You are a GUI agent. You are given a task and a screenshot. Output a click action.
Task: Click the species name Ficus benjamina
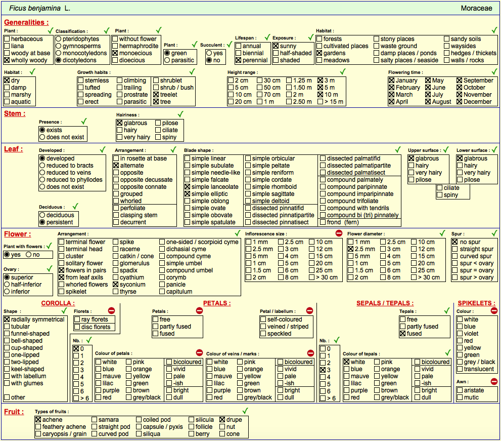coord(34,8)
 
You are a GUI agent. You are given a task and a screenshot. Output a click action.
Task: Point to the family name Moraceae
coord(476,8)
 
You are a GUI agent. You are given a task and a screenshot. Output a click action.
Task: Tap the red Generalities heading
coord(26,22)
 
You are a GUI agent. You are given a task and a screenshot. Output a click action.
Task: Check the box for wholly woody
coord(7,60)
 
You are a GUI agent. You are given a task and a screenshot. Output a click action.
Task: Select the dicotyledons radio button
coord(59,60)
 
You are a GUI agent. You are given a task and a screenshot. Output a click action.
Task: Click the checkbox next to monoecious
coord(115,53)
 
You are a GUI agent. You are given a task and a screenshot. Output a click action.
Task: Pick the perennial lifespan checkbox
coord(238,60)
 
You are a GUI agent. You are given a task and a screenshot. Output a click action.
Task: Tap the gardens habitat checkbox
coord(319,53)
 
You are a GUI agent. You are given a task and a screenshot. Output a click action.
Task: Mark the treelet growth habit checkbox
coord(156,95)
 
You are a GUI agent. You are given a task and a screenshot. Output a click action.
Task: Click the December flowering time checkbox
coord(460,102)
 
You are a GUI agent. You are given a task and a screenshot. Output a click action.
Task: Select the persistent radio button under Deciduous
coord(42,222)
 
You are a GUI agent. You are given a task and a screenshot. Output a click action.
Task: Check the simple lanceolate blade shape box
coord(187,187)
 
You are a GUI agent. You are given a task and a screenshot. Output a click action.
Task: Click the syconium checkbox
coord(116,285)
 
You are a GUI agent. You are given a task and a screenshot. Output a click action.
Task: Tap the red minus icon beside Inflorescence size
coord(339,233)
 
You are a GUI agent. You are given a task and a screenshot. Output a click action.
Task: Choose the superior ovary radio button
coord(7,277)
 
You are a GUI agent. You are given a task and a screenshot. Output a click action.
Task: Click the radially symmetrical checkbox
coord(7,319)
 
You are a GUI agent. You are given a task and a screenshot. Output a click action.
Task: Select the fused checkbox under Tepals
coord(402,334)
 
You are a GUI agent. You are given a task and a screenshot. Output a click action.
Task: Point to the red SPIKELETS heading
coord(476,303)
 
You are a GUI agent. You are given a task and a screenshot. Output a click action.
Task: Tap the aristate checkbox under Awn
coord(460,390)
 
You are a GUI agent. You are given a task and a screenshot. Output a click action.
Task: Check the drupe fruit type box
coord(222,420)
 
